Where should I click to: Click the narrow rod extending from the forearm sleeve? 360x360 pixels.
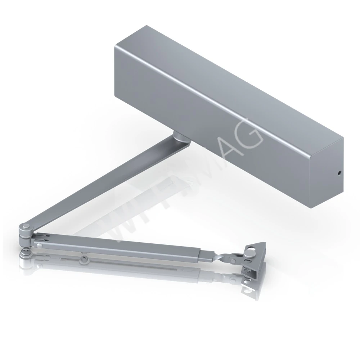pyautogui.click(x=209, y=256)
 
